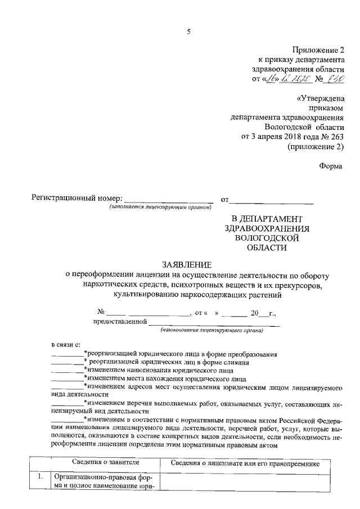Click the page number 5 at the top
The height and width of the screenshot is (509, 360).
tap(188, 32)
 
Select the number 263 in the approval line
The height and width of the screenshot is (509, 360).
tap(334, 137)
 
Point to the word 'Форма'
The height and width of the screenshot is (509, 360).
tap(331, 166)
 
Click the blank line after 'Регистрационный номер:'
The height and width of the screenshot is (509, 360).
tap(168, 200)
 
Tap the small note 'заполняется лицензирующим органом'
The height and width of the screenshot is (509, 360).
tap(160, 208)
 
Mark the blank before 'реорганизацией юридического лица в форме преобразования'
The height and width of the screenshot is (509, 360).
tap(66, 354)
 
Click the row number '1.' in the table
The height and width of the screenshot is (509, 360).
tap(40, 476)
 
